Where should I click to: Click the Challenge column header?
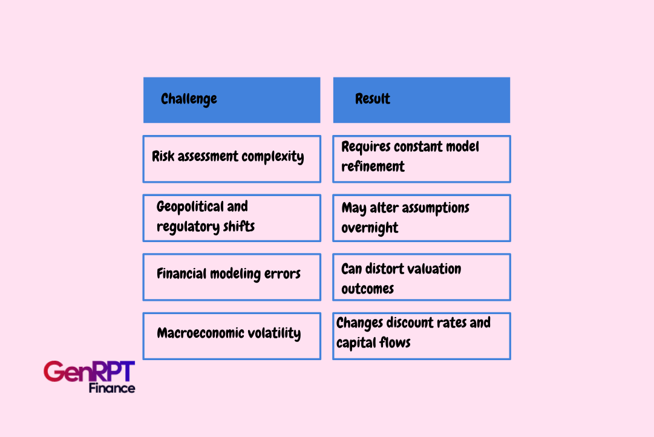point(232,100)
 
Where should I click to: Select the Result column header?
point(421,100)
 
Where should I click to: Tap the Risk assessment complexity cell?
point(232,159)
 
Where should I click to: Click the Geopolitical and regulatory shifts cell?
point(232,218)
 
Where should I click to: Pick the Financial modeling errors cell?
point(232,277)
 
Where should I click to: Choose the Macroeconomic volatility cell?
point(232,336)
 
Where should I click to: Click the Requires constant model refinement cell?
point(421,159)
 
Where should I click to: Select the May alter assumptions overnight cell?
point(421,218)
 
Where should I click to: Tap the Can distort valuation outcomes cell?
point(421,277)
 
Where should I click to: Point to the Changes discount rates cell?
point(421,336)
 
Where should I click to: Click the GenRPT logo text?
point(89,371)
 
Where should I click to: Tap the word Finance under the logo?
point(112,388)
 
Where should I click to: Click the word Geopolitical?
point(190,207)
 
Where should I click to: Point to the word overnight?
point(370,228)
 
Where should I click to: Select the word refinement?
point(373,166)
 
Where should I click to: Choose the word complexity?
point(273,157)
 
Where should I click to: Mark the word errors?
point(282,274)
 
